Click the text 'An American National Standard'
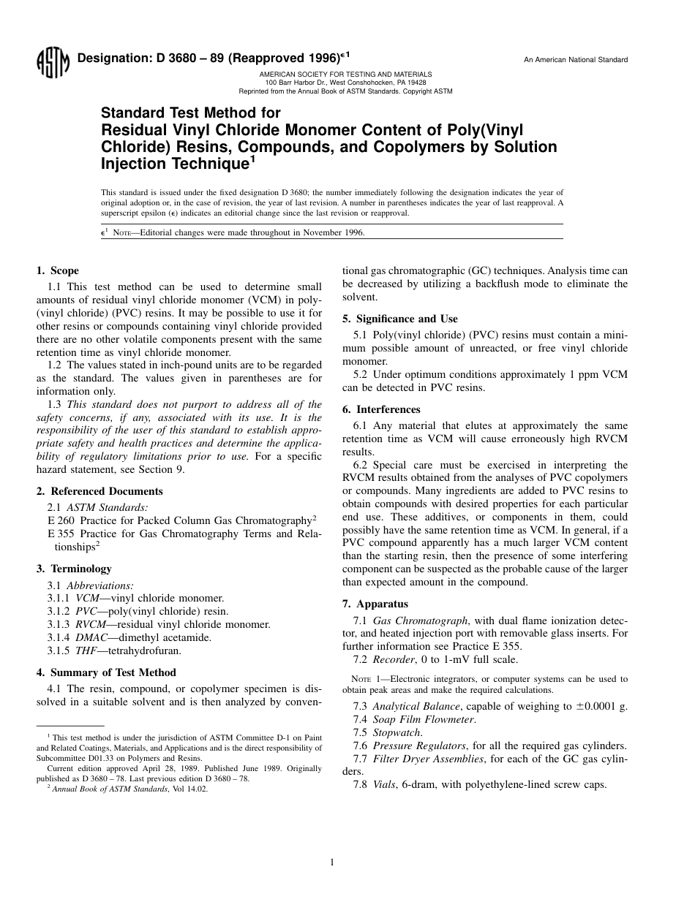click(575, 60)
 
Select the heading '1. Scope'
click(58, 270)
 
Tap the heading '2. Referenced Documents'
click(99, 491)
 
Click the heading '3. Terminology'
click(74, 569)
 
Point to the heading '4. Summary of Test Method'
click(106, 672)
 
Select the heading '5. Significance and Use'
click(399, 319)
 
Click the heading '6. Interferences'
click(381, 409)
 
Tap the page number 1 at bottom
click(332, 862)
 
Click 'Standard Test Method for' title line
click(190, 113)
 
